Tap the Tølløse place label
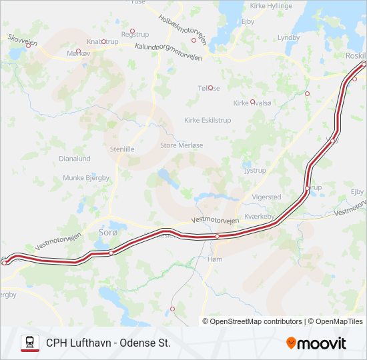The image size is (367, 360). click(208, 88)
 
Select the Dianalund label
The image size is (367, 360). click(75, 159)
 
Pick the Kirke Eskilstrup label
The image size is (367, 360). click(207, 120)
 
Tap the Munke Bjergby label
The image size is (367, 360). click(83, 178)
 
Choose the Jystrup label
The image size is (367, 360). click(255, 171)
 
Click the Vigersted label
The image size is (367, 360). click(266, 197)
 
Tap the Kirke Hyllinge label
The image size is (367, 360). click(271, 5)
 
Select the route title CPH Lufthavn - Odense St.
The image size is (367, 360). click(108, 343)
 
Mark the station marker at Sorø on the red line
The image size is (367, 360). click(111, 253)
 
